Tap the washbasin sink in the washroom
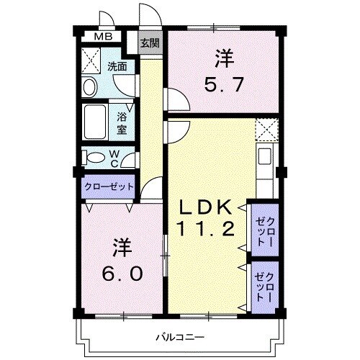tap(90, 86)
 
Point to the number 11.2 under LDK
tap(205, 230)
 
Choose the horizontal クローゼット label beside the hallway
tap(109, 186)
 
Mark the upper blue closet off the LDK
tap(262, 227)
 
